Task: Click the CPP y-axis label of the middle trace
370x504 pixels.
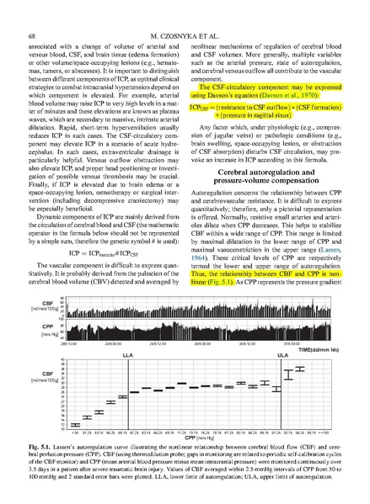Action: coord(35,326)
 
